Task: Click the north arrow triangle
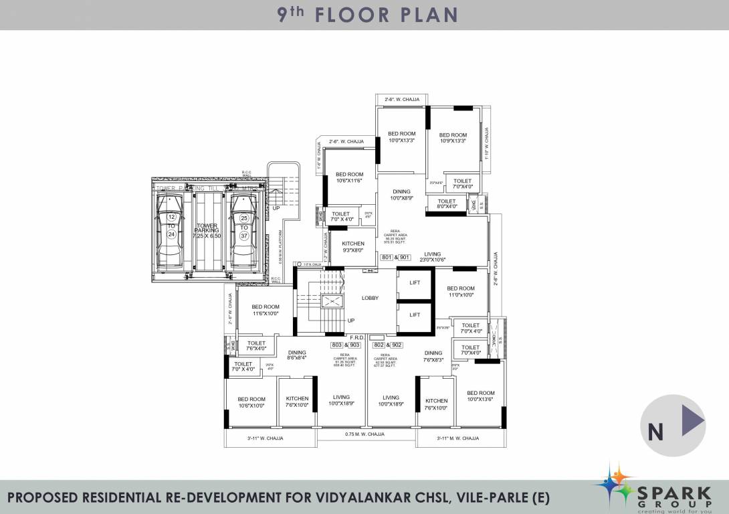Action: click(692, 422)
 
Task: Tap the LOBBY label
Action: click(370, 298)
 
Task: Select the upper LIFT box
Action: click(415, 283)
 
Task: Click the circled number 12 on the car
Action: click(172, 218)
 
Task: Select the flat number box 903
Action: click(354, 345)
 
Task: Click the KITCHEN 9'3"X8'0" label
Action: click(353, 246)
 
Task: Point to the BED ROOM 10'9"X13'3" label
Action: click(453, 138)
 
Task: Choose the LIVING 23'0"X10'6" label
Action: click(433, 256)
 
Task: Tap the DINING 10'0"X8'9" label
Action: click(402, 195)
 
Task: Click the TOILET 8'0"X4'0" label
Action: click(447, 203)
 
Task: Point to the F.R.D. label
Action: click(356, 337)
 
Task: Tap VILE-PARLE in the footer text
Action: click(494, 497)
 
